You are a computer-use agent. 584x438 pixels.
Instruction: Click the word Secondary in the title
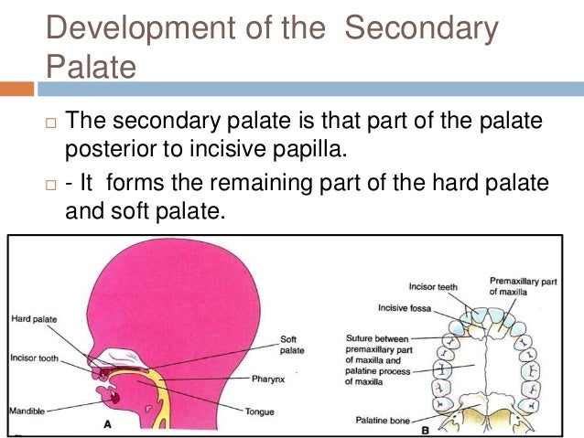(422, 28)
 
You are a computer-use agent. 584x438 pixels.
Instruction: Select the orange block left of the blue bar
(16, 90)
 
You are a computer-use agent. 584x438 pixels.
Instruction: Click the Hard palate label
(35, 319)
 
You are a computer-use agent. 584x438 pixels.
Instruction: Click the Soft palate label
(291, 344)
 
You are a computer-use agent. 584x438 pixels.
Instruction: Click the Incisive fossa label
(403, 308)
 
